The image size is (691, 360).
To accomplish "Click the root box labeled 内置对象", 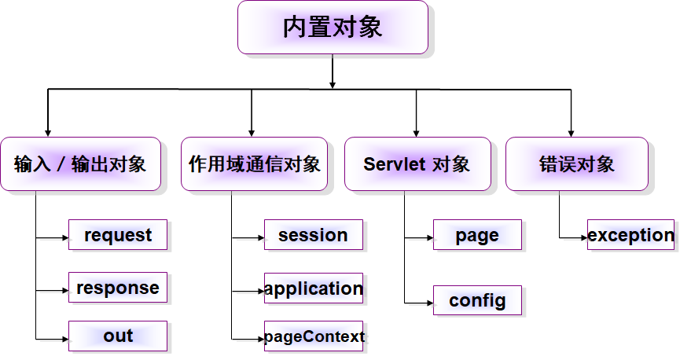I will point(333,28).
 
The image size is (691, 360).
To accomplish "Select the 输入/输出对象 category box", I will point(80,164).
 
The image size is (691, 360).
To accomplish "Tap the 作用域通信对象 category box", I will point(255,164).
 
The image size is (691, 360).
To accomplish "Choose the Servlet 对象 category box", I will point(417,164).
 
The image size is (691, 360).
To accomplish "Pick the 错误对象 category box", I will point(576,164).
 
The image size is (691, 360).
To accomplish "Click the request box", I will point(118,235).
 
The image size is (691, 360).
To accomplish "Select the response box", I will point(118,288).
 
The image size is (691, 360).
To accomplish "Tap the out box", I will point(118,336).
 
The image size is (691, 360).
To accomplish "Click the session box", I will point(313,235).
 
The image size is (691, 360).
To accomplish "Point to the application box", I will point(313,288).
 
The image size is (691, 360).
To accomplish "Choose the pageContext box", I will point(313,337).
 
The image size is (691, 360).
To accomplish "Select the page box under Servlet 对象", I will point(477,235).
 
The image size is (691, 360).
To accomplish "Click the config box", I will point(477,300).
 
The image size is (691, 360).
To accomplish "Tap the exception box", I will point(630,235).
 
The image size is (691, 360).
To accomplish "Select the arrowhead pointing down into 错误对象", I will point(571,132).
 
